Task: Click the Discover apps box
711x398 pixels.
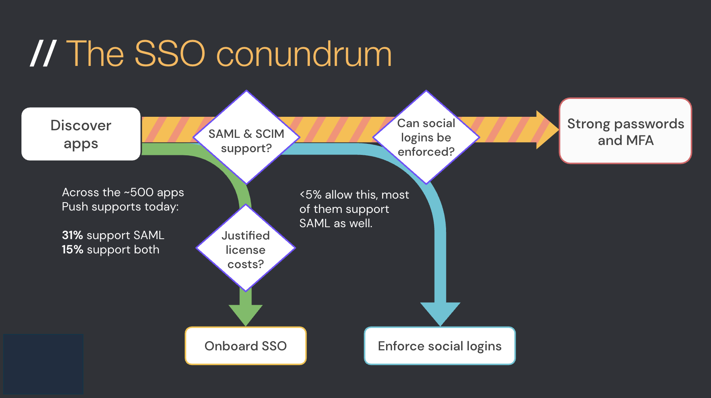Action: coord(81,134)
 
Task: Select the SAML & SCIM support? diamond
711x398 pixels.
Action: coord(246,137)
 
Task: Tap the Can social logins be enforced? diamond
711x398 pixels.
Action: coord(426,137)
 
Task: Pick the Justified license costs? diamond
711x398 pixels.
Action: coord(245,248)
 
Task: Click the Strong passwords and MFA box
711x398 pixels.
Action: coord(625,131)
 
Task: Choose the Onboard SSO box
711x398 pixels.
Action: coord(245,346)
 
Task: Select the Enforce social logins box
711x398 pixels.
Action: coord(440,346)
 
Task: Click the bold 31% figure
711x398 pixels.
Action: coord(72,235)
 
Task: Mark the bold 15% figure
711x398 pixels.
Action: coord(72,249)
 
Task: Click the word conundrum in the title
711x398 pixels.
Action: coord(304,54)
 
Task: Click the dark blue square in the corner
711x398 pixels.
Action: coord(43,364)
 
